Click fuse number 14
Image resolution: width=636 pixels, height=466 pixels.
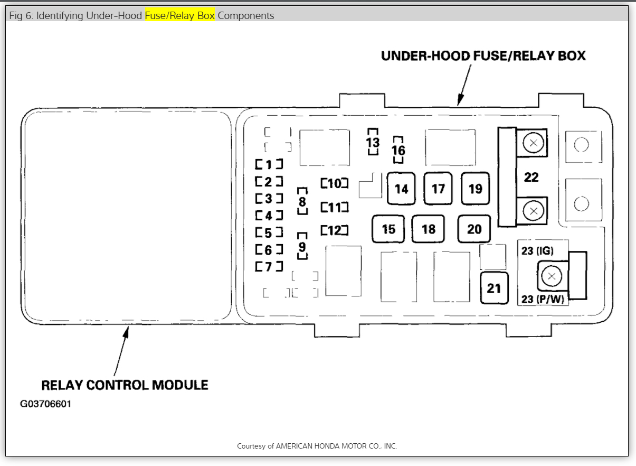coord(401,189)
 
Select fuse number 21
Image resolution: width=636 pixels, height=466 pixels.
coord(494,288)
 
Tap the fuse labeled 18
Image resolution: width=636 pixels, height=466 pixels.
coord(429,229)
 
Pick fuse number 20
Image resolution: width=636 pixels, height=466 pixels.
coord(474,229)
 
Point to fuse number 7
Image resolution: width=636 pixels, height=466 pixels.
coord(269,267)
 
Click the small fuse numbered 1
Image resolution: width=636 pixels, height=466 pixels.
coord(269,164)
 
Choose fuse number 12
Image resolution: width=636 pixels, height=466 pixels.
coord(335,230)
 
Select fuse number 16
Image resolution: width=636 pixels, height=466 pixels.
coord(398,150)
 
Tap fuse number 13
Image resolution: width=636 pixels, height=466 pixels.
coord(373,142)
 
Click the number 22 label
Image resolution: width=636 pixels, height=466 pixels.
coord(531,177)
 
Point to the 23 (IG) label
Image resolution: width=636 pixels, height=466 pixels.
coord(537,251)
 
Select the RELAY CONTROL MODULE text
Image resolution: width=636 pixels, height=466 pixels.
coord(125,385)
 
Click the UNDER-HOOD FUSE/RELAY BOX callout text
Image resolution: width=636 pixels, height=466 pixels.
coord(483,56)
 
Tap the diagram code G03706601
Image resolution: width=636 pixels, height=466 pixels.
coord(45,404)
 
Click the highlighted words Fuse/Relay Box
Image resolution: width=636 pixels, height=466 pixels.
coord(180,16)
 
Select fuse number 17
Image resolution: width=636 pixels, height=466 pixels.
coord(438,189)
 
